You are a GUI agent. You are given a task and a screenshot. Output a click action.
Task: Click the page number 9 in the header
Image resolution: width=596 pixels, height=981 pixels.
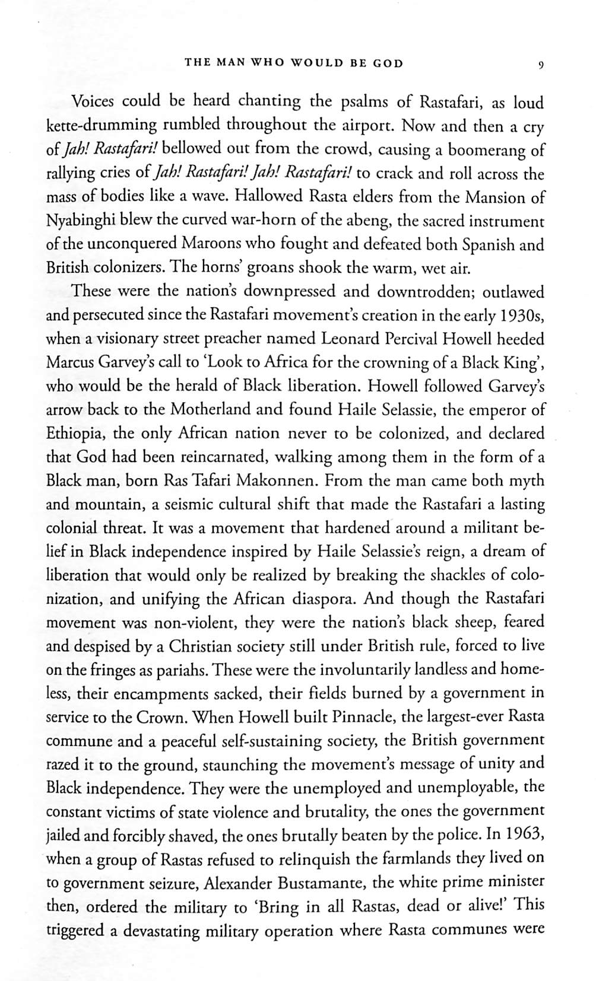click(540, 65)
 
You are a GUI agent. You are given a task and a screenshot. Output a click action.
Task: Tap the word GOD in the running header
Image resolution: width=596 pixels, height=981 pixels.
click(388, 63)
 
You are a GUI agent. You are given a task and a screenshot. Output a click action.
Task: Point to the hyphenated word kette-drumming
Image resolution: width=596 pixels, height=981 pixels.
click(102, 126)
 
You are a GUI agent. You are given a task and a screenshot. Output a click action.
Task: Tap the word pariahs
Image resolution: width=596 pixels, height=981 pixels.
click(185, 670)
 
